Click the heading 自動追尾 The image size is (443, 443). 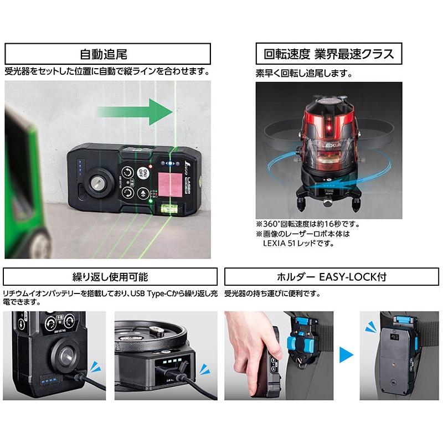[x=107, y=54]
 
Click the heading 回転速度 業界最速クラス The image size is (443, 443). [x=329, y=54]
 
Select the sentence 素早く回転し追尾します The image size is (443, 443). [x=304, y=73]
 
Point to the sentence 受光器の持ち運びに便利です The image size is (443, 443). [x=273, y=293]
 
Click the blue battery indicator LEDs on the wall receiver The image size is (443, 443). [x=81, y=169]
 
